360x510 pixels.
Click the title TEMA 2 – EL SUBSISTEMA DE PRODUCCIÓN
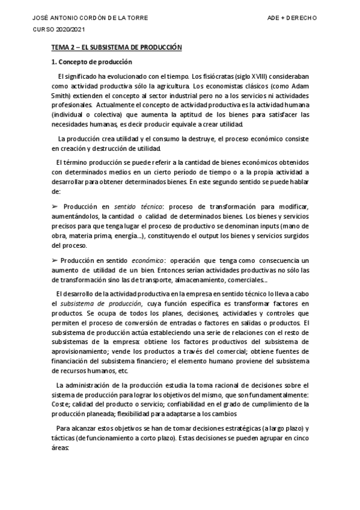116,47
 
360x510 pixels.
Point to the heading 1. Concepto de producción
91,62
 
